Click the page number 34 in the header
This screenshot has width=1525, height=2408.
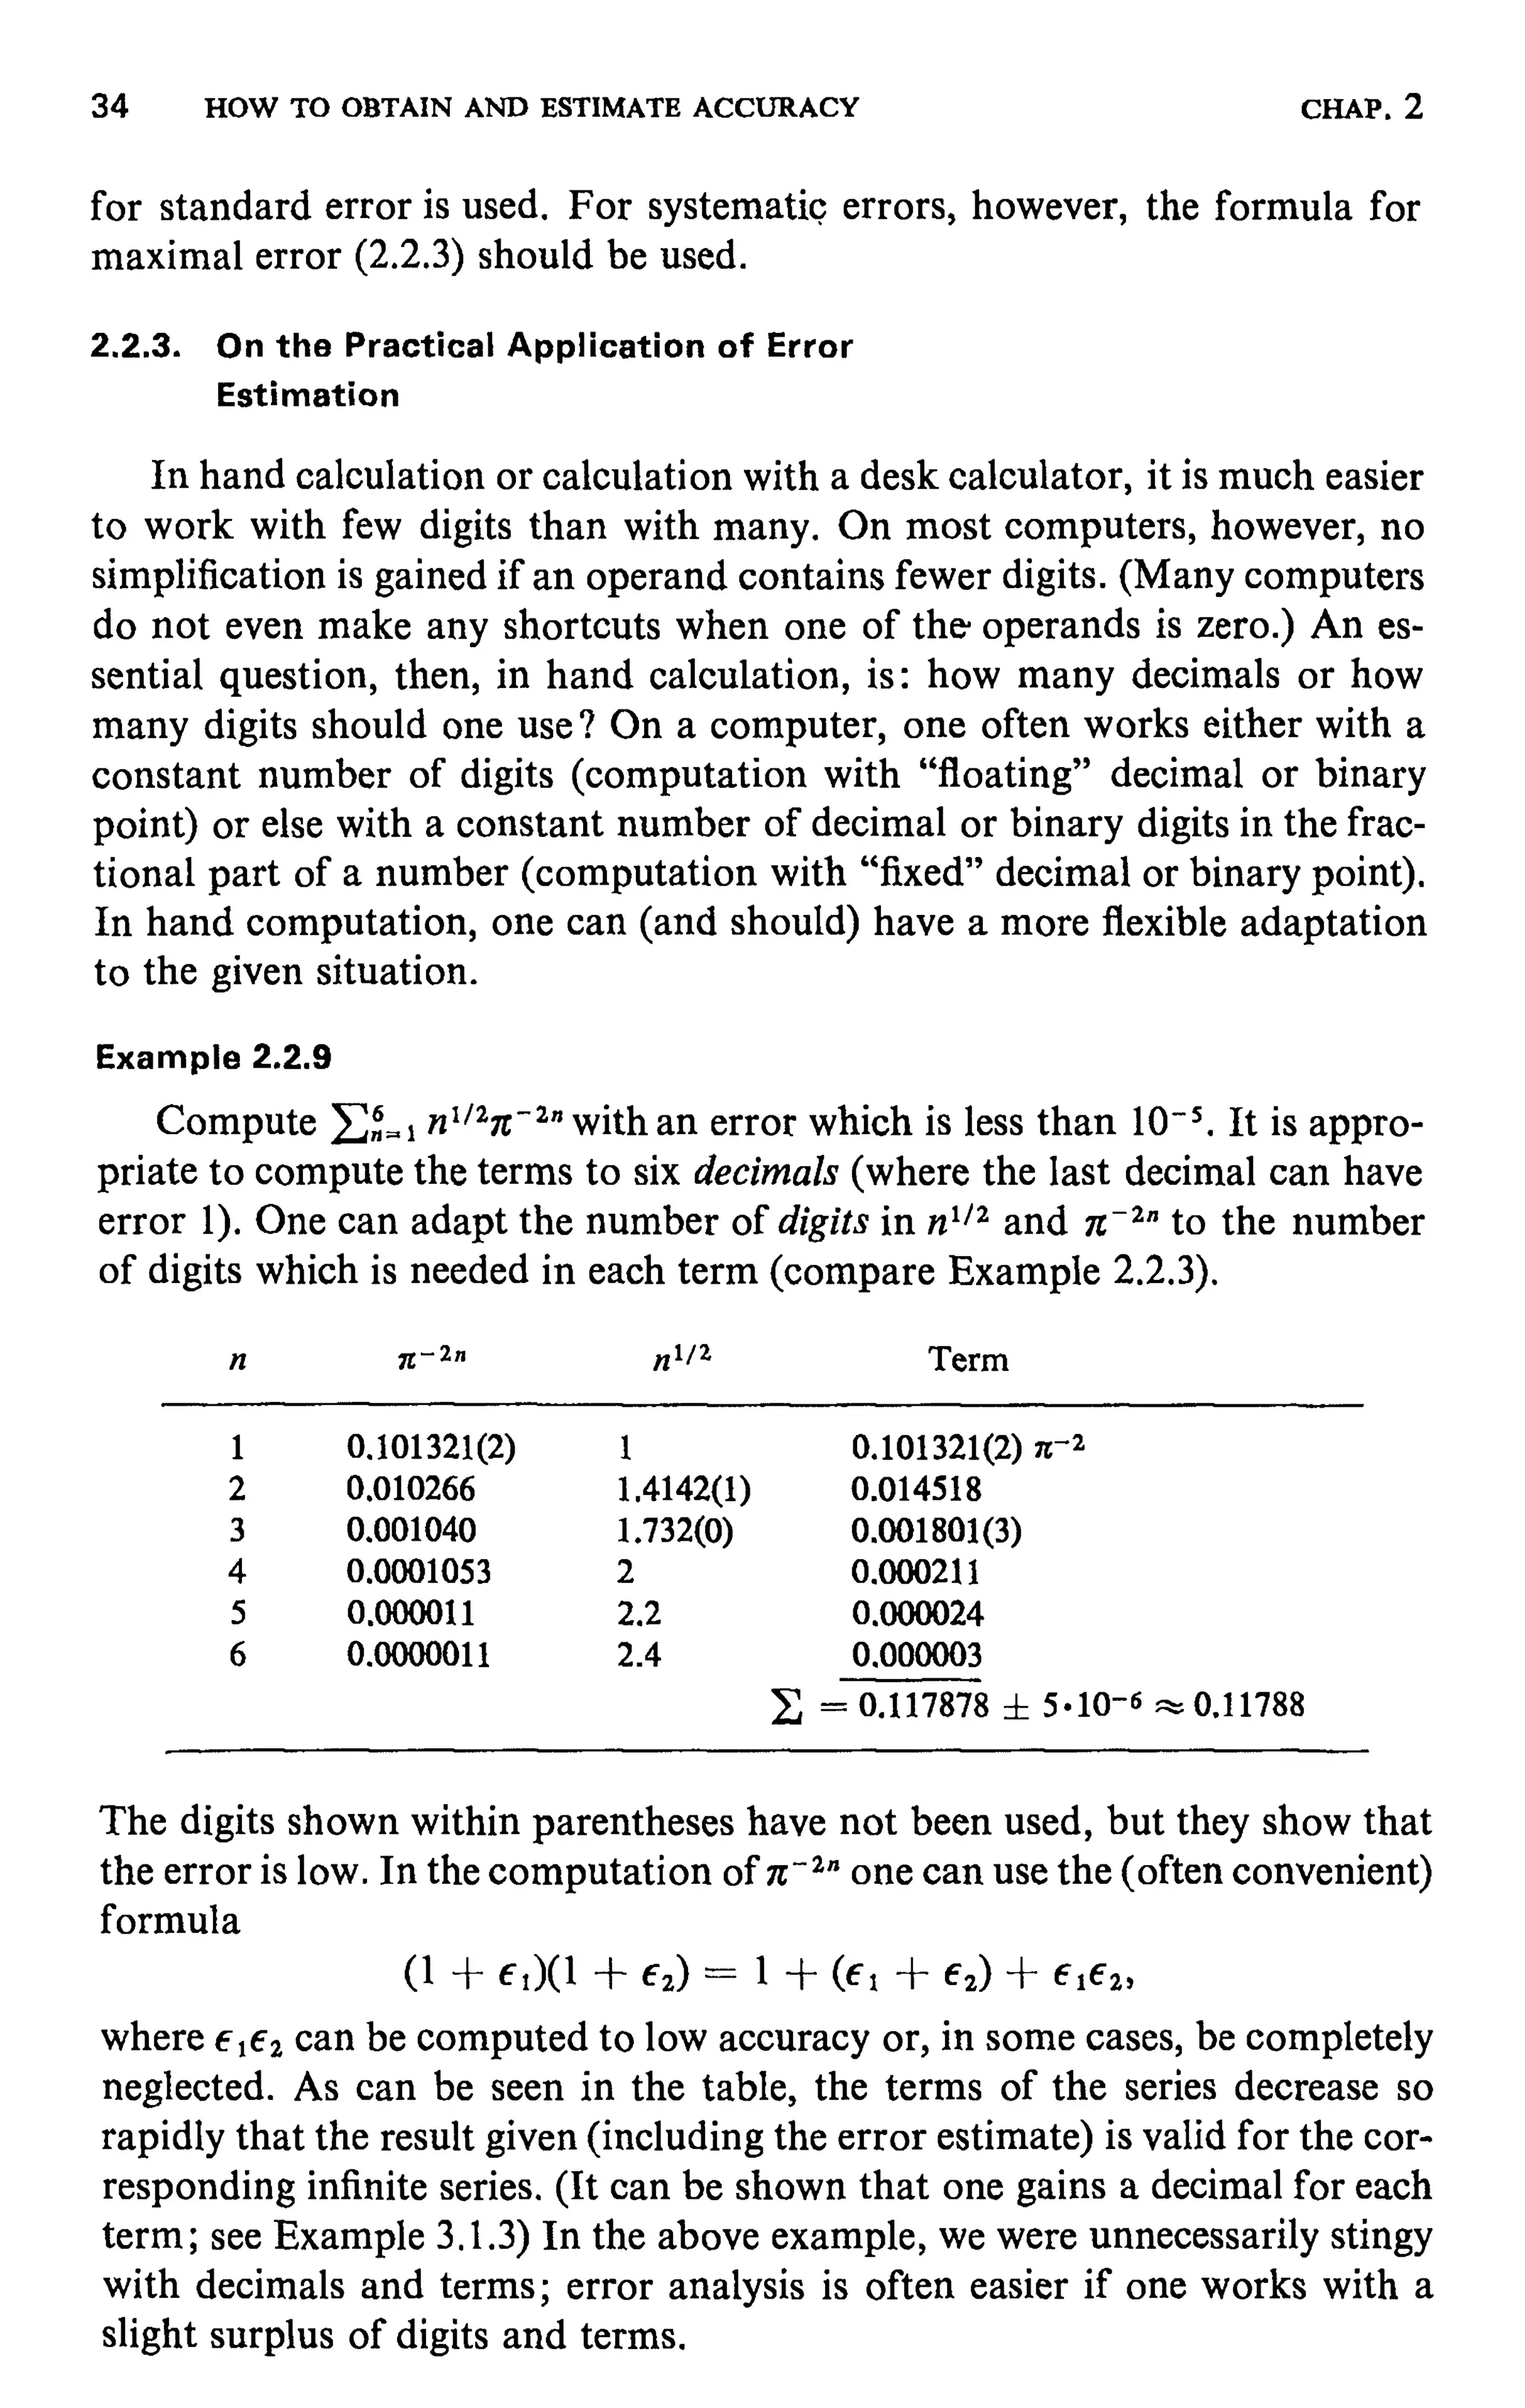110,107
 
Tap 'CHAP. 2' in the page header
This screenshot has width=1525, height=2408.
1361,107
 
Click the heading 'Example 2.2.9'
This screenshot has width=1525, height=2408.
213,1057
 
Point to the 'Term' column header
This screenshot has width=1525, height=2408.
968,1360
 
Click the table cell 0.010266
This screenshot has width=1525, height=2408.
411,1490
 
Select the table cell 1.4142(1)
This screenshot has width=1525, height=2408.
684,1490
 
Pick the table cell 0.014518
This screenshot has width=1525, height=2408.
916,1490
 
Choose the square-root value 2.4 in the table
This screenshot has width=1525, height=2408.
639,1656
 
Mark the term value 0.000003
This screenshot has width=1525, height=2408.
916,1656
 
